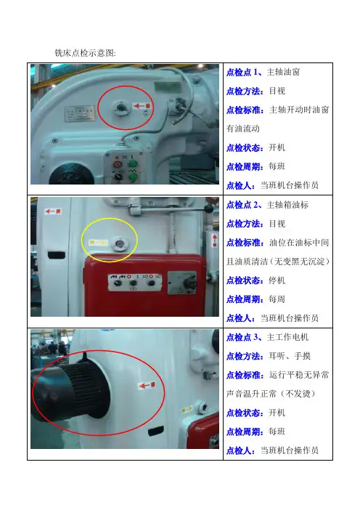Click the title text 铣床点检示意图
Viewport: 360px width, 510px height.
click(85, 53)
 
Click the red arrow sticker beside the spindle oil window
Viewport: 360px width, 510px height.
click(142, 106)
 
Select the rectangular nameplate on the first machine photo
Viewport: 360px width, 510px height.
click(79, 113)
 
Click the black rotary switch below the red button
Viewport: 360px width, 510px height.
click(118, 176)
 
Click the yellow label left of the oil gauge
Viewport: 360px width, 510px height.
click(98, 243)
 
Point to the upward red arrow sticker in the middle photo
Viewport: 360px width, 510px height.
click(215, 240)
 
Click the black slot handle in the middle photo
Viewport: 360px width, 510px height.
click(56, 255)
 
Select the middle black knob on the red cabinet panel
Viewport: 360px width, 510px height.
click(134, 283)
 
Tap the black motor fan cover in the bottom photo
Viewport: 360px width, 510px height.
click(70, 391)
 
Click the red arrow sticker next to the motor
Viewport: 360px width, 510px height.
click(147, 386)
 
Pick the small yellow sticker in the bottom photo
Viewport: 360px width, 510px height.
click(187, 410)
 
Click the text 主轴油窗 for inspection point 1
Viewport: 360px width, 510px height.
click(283, 72)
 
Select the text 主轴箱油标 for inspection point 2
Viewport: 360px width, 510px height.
click(287, 205)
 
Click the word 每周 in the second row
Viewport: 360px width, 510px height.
click(277, 299)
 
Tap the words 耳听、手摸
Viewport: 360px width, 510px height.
click(290, 356)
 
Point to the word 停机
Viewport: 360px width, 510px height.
click(277, 280)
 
